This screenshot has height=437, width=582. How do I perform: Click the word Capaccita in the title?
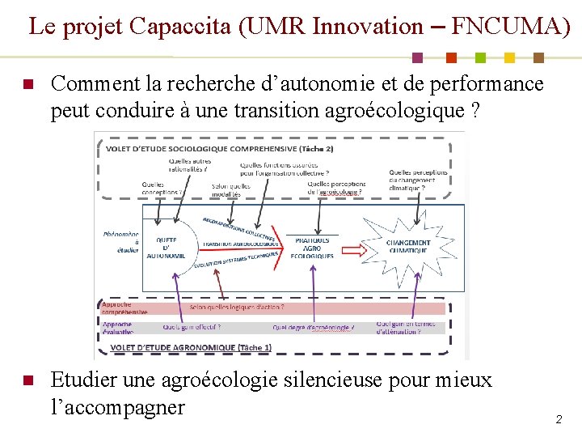click(190, 26)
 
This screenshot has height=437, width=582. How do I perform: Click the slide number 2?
click(558, 419)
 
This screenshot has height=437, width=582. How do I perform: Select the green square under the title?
click(480, 57)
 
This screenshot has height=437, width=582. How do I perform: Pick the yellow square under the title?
click(509, 57)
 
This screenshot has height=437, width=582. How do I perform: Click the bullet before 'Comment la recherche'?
click(27, 85)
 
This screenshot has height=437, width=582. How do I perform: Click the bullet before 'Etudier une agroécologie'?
click(27, 381)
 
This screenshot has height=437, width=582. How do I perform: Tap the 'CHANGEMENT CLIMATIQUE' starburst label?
click(407, 246)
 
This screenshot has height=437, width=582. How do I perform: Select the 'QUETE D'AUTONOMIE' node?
click(167, 247)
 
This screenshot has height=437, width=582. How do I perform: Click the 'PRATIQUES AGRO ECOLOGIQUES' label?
click(312, 248)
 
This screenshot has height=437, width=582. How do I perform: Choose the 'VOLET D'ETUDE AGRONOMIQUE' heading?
click(190, 348)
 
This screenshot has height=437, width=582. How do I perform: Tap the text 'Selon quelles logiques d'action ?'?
click(236, 308)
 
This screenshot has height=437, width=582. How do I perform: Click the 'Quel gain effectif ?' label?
click(192, 328)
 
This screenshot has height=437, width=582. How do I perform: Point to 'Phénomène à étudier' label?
click(120, 242)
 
